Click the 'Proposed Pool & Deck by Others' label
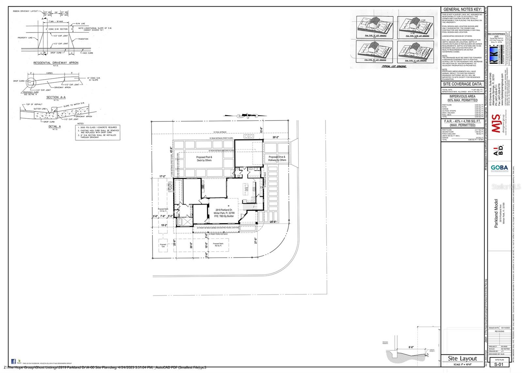coord(204,159)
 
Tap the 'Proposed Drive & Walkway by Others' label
coord(277,158)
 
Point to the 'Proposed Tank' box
coord(163,245)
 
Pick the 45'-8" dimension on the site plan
coord(171,150)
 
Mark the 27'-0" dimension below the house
coord(255,240)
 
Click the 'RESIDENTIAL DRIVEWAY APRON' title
coord(56,63)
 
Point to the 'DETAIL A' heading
coord(54,126)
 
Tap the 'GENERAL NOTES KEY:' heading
coord(463,9)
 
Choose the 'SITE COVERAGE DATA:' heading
coord(462,84)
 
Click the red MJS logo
coord(496,123)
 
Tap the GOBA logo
coord(499,168)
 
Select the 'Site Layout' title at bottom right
coord(462,358)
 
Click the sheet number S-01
coord(498,364)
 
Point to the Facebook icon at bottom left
coord(13,361)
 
